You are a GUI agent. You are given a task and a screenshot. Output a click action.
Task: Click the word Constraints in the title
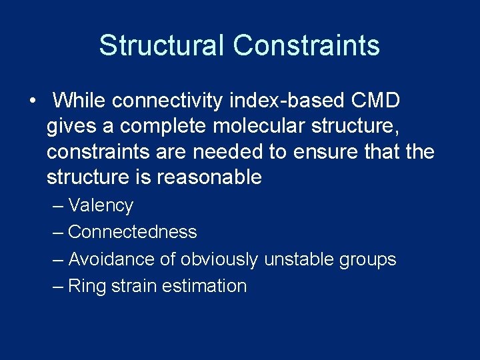tap(307, 45)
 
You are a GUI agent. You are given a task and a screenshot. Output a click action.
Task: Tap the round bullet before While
tap(32, 101)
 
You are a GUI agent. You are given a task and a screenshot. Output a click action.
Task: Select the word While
tap(80, 101)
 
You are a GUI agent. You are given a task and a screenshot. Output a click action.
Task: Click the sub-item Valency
tap(101, 205)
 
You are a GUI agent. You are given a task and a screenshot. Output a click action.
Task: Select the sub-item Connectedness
tap(133, 232)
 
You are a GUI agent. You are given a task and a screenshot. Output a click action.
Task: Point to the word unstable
tap(297, 259)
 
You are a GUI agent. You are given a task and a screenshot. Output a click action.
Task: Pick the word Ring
tap(83, 287)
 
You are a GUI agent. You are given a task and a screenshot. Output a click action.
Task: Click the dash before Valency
tap(58, 205)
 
